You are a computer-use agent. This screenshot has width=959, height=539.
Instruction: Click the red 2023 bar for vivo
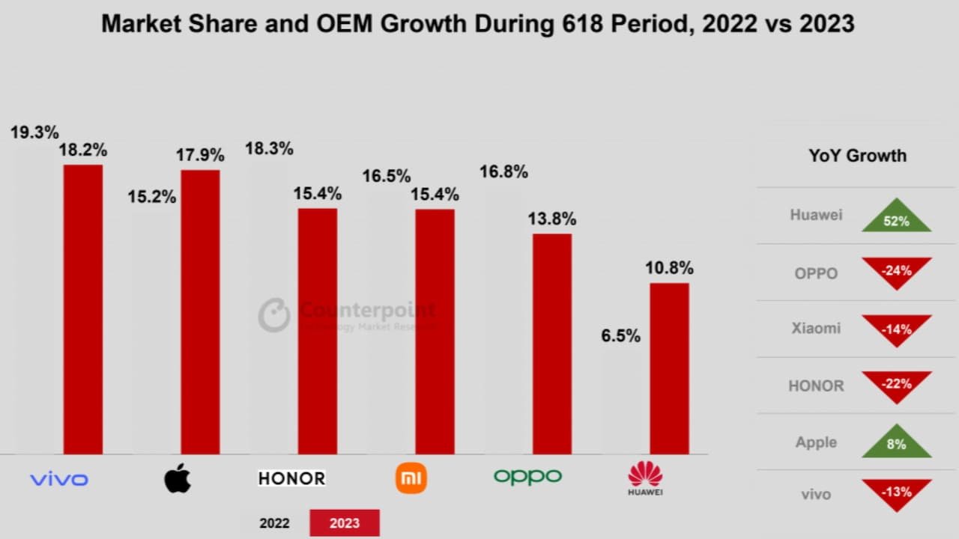[82, 309]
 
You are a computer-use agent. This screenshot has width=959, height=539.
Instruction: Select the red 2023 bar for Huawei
[669, 368]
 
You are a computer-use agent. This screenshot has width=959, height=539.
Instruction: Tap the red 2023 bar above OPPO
[552, 344]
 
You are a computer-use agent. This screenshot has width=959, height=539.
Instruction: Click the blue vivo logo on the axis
[58, 479]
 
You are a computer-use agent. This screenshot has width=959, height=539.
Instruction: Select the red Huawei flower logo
[645, 475]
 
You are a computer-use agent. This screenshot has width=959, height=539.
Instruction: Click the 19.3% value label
[34, 133]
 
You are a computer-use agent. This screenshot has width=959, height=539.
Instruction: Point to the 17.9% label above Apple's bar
[200, 156]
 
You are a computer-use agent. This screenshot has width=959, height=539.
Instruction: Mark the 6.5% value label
[621, 336]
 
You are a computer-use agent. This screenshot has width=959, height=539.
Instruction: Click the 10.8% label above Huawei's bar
[669, 268]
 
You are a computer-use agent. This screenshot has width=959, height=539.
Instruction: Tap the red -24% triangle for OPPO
[896, 272]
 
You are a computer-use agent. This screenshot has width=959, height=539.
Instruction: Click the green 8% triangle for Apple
[896, 443]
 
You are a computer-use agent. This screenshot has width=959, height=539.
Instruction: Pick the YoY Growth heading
[857, 156]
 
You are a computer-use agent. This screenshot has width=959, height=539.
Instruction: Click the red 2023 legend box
[345, 523]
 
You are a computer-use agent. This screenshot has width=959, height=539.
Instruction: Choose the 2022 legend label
[275, 523]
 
